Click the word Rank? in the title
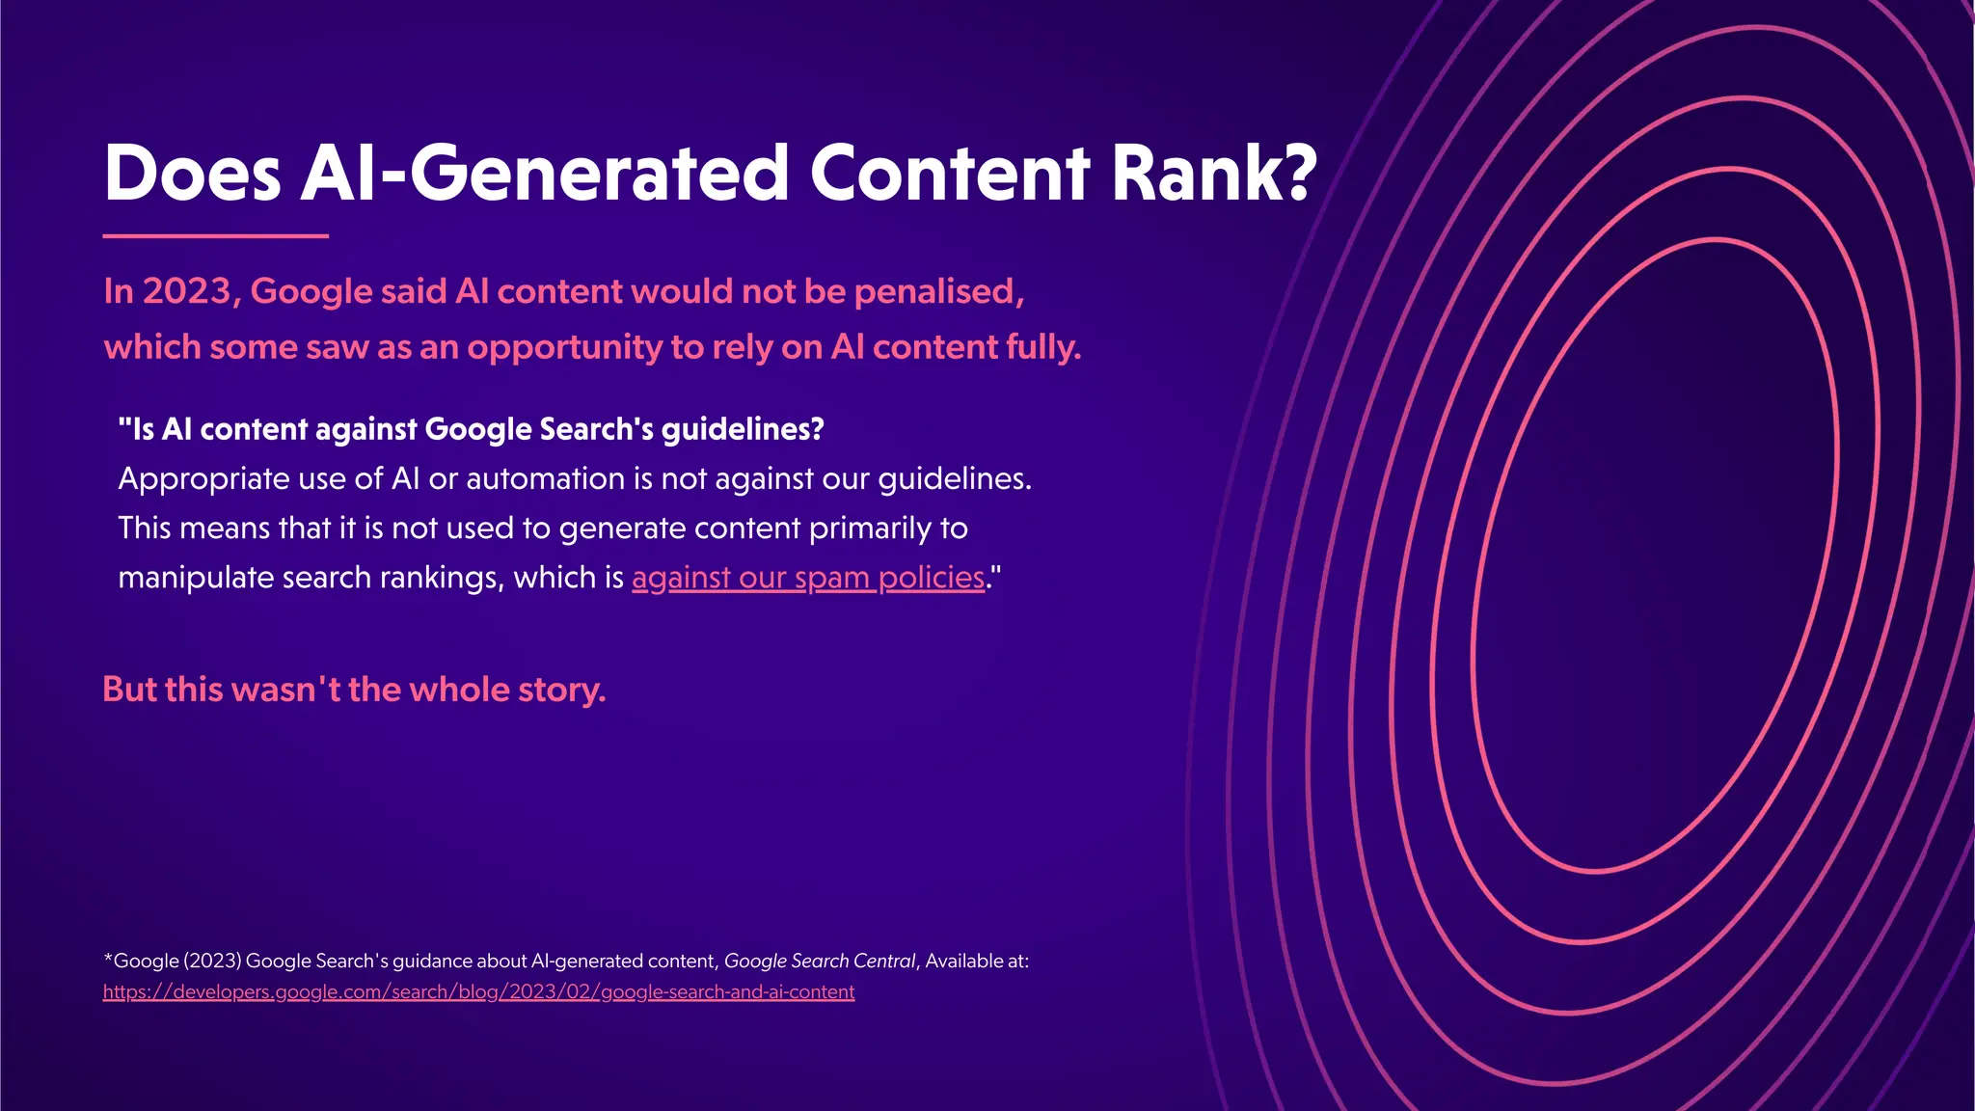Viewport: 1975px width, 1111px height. (1213, 174)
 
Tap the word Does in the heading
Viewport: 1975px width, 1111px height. (192, 174)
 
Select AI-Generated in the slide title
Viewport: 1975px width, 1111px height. (545, 174)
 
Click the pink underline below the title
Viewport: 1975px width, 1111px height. (215, 235)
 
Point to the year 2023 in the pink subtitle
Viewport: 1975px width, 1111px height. (187, 291)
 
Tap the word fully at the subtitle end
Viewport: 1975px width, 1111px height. (1042, 347)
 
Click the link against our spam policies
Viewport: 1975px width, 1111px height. (808, 578)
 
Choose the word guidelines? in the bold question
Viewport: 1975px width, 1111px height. (743, 429)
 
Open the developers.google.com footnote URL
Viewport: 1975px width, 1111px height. (478, 991)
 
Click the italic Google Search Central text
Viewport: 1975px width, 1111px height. (819, 961)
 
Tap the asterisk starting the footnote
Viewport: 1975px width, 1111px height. (108, 959)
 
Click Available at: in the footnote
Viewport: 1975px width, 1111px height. (977, 961)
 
